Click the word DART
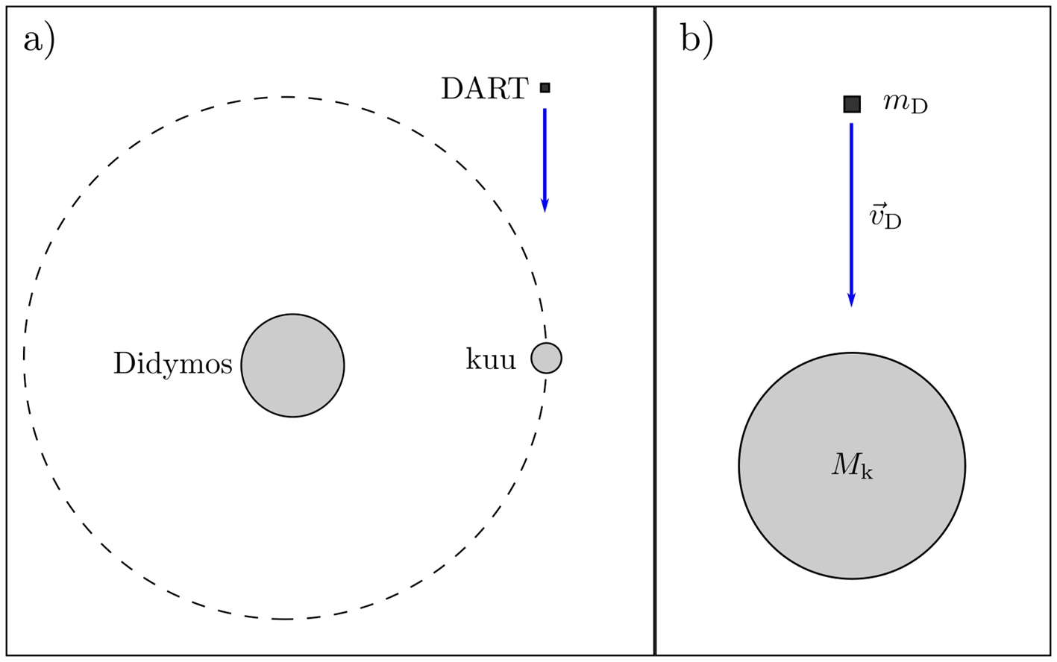(x=485, y=89)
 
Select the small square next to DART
(x=545, y=88)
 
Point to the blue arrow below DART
(x=545, y=157)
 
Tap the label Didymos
(x=173, y=365)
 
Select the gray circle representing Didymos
(x=292, y=365)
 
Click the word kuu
(x=491, y=361)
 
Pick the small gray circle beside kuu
(x=546, y=359)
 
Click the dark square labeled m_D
(x=852, y=104)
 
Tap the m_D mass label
(x=905, y=104)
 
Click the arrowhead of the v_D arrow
(x=851, y=300)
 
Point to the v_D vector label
(x=885, y=218)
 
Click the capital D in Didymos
(x=123, y=365)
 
